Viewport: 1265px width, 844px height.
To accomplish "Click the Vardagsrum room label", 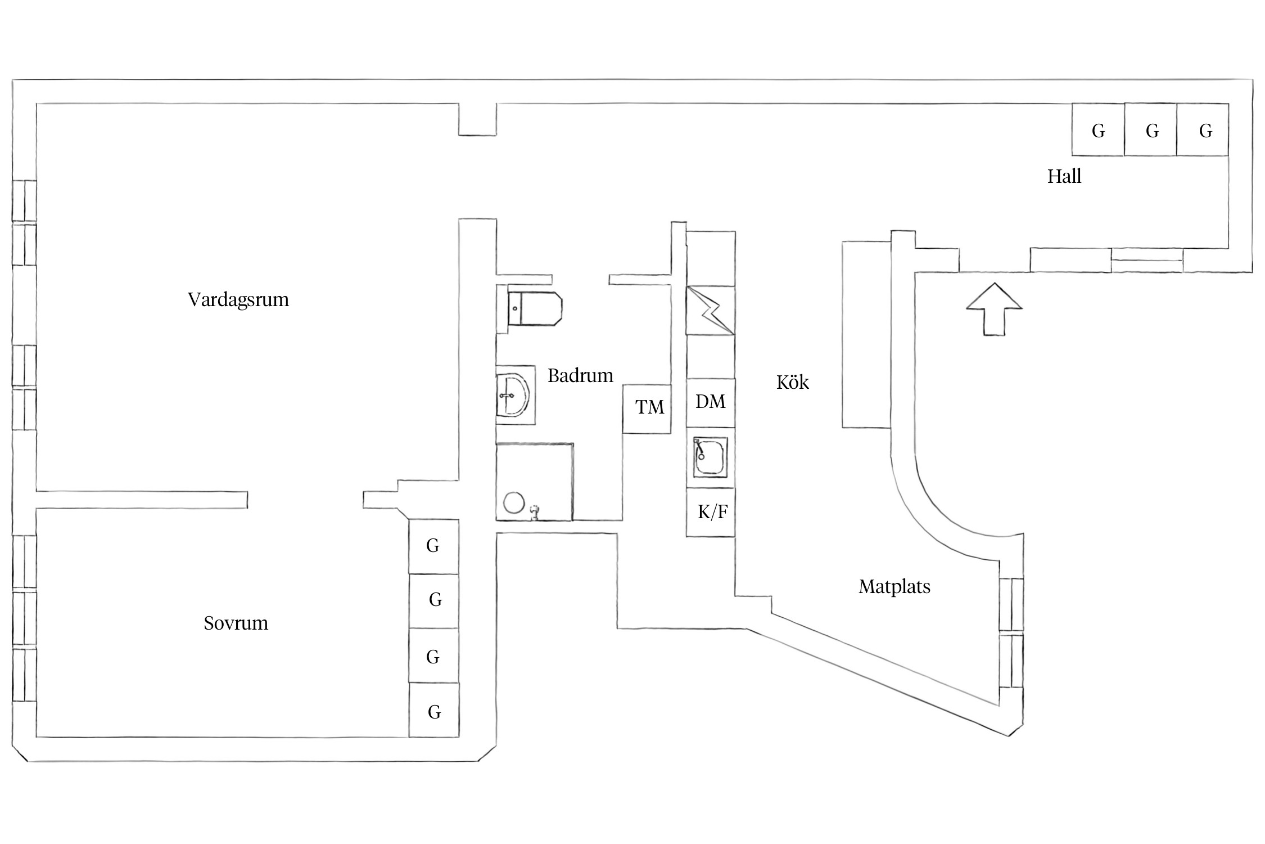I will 238,299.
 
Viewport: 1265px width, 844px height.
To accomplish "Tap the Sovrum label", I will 236,623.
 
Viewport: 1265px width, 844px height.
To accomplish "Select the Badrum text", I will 580,375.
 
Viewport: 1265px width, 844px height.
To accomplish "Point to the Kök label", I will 792,383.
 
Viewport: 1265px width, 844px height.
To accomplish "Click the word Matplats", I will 894,587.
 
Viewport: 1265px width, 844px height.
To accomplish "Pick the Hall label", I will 1064,177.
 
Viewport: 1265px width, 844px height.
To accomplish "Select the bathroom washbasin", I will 514,395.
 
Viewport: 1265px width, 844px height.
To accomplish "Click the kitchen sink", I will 710,457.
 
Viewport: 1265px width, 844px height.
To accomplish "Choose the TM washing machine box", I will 647,408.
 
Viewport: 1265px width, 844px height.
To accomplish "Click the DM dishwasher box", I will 711,402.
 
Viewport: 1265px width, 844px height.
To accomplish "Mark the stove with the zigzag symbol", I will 711,311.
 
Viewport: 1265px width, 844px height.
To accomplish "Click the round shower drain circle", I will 514,502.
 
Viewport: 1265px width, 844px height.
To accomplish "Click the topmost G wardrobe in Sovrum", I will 433,546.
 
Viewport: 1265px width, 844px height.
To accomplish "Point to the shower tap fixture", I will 535,511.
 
